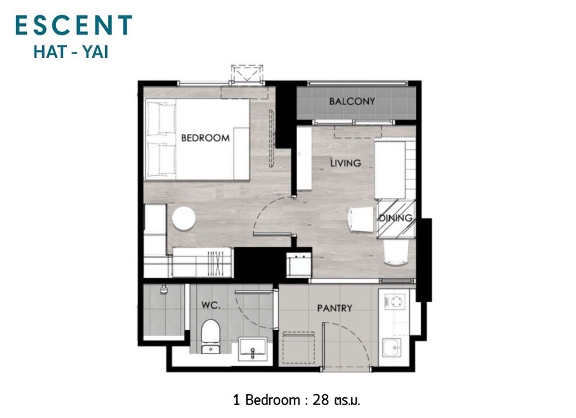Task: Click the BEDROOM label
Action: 205,138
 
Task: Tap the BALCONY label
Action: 352,102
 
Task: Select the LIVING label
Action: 346,163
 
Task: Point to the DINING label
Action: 396,218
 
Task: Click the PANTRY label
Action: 335,308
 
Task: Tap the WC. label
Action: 211,305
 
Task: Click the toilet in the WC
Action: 211,336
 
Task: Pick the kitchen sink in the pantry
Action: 392,347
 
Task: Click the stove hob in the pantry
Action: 394,301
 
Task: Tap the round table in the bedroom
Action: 183,218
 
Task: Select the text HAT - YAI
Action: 71,52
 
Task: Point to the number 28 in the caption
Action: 321,400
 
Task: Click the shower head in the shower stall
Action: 163,289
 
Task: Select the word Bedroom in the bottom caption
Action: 272,400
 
